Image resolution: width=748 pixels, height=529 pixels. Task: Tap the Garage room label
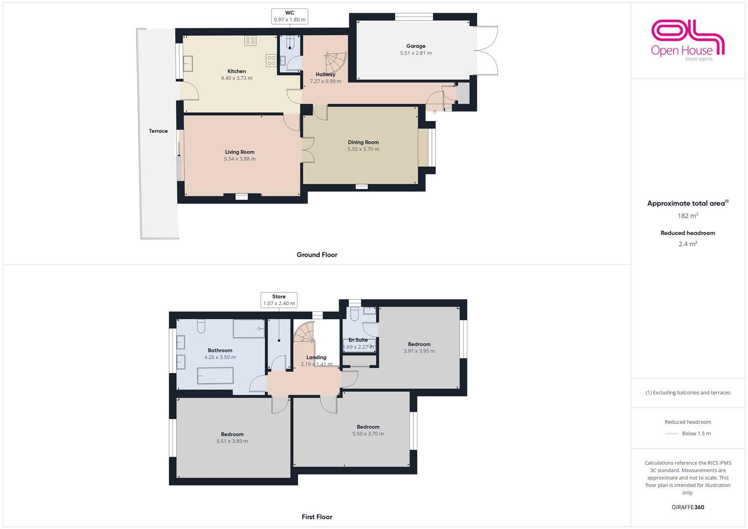[x=415, y=46]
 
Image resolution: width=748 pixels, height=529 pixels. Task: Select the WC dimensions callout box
[x=290, y=16]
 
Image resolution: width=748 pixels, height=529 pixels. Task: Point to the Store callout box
[x=279, y=300]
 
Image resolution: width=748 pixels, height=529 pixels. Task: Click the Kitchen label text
[x=237, y=72]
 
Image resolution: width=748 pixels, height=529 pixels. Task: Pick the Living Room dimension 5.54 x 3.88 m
[x=240, y=159]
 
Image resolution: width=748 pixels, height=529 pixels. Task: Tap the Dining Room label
[x=363, y=143]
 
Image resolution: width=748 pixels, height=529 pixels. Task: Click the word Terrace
[x=158, y=131]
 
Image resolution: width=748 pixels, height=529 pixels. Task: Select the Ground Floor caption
[x=317, y=255]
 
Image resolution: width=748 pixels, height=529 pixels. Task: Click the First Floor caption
[x=317, y=517]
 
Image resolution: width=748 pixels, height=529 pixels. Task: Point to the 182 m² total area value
[x=688, y=216]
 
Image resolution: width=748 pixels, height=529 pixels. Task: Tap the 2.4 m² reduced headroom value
[x=688, y=244]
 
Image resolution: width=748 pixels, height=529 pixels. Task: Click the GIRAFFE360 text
[x=688, y=507]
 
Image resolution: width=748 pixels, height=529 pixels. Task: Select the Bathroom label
[x=220, y=351]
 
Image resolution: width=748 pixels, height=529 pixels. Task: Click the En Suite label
[x=358, y=340]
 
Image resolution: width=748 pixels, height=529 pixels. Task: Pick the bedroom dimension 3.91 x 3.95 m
[x=419, y=351]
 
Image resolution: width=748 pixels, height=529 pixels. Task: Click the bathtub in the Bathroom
[x=215, y=377]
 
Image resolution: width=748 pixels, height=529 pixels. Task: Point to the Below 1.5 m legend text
[x=696, y=433]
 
